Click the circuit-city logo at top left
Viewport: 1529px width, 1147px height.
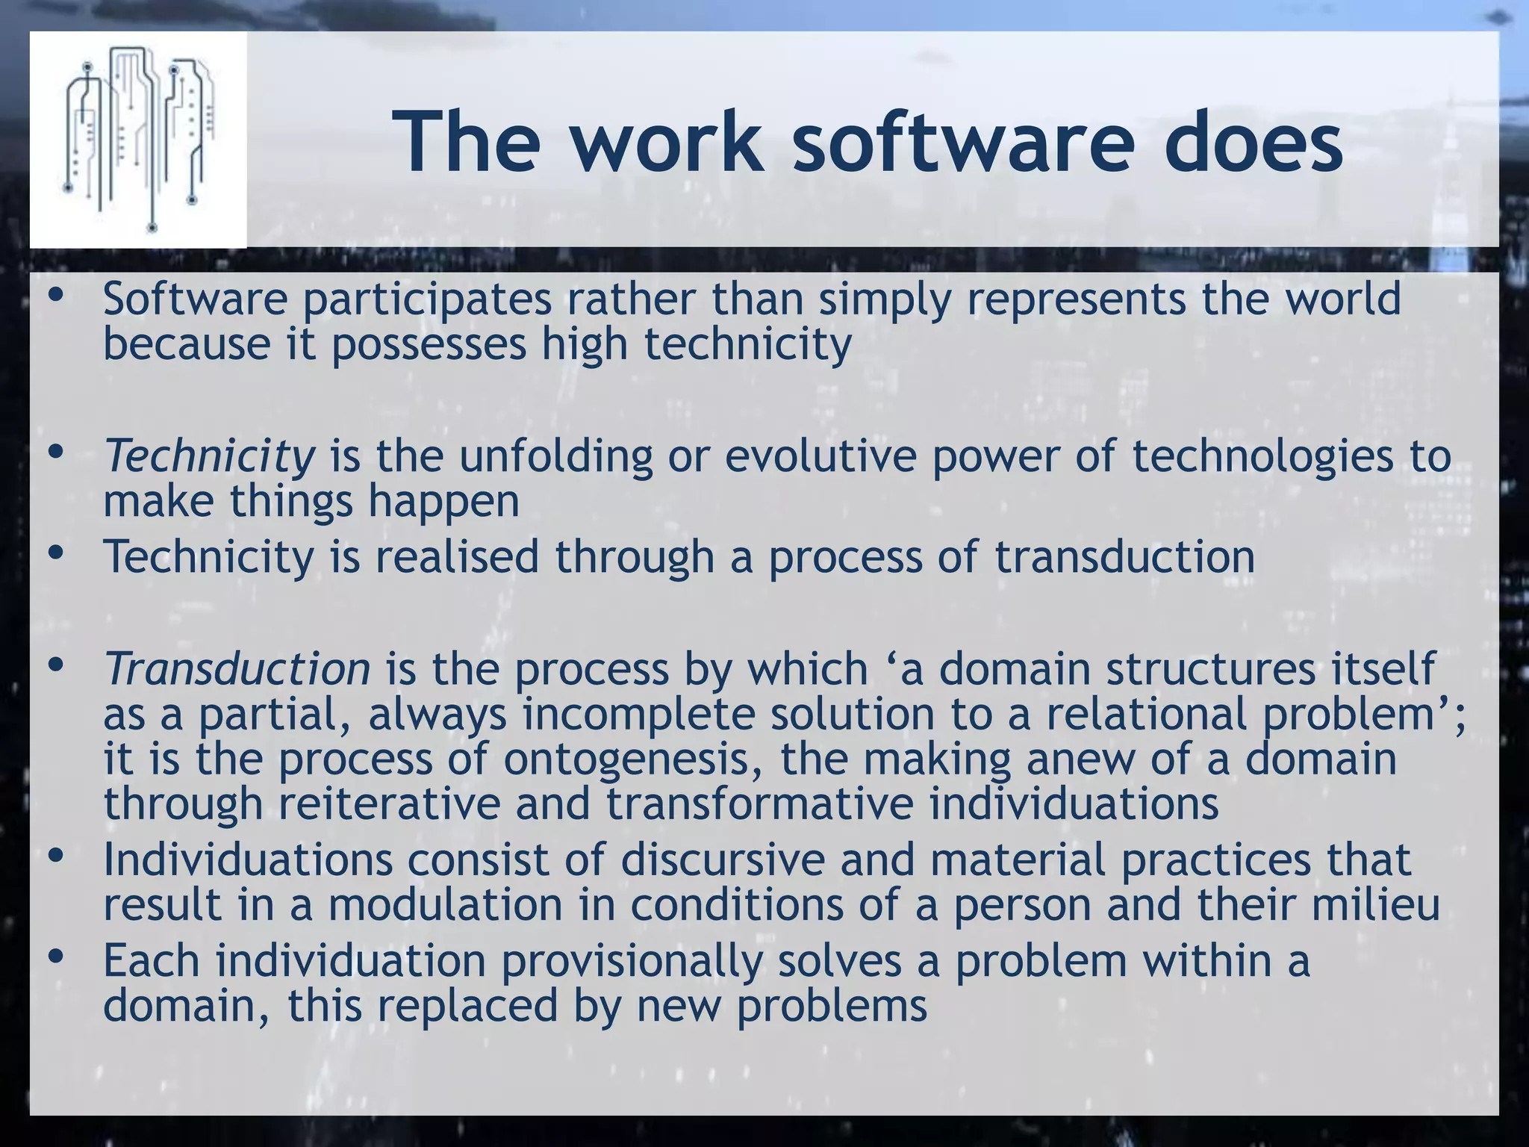point(138,140)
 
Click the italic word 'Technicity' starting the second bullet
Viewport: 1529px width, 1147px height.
point(210,456)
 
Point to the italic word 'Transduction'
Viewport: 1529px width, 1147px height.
point(237,668)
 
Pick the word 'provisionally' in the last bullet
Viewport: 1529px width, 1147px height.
point(632,961)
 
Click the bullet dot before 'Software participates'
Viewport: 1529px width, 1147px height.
point(55,296)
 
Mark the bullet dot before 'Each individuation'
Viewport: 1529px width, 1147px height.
point(55,957)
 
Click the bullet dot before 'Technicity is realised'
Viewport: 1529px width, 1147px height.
point(55,554)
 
